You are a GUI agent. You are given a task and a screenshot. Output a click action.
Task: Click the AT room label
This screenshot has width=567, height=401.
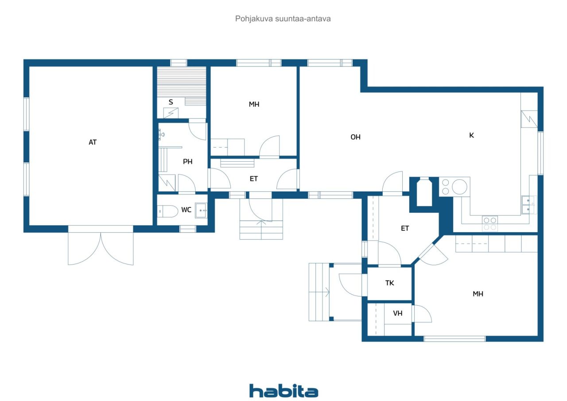(x=93, y=142)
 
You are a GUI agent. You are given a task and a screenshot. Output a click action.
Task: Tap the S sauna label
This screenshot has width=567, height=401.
(x=171, y=102)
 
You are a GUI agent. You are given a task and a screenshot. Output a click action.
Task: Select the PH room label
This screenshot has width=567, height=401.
(x=187, y=162)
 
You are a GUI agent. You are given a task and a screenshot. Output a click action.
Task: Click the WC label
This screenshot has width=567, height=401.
(x=186, y=210)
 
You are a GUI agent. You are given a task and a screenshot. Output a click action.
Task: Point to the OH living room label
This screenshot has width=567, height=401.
(x=355, y=137)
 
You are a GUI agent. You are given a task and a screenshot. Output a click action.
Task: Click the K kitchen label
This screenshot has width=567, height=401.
(x=471, y=136)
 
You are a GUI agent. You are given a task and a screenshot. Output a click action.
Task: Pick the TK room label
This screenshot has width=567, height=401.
(x=389, y=283)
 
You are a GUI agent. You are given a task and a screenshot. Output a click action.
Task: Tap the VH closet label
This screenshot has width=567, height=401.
(x=398, y=313)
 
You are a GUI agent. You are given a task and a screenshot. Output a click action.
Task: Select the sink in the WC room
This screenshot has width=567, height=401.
(x=201, y=210)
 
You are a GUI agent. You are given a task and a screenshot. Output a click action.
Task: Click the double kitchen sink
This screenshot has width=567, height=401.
(x=528, y=205)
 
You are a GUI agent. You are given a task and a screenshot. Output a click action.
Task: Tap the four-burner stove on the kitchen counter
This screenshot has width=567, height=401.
(x=490, y=224)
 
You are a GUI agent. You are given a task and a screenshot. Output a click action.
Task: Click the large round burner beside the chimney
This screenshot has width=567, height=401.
(x=459, y=187)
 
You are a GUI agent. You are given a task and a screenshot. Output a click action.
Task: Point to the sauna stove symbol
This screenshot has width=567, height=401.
(x=171, y=113)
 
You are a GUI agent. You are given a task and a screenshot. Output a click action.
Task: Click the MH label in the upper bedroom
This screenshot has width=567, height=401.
(x=254, y=104)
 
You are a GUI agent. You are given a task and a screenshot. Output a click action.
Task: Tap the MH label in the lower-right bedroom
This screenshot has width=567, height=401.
(x=478, y=294)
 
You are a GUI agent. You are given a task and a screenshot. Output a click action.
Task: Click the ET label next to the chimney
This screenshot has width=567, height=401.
(x=405, y=229)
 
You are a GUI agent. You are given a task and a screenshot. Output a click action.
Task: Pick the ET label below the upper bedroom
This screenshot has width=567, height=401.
(x=254, y=179)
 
